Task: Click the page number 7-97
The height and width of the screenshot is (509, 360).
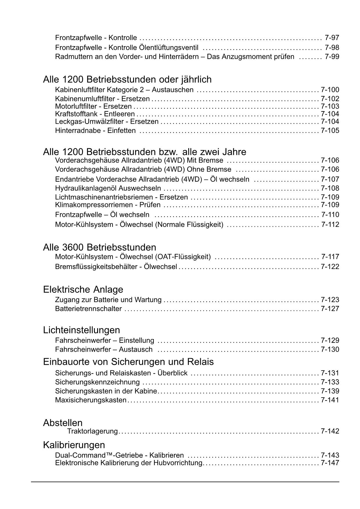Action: click(332, 38)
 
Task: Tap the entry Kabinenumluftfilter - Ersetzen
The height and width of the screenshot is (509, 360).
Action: click(102, 99)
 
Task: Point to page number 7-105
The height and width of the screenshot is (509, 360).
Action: click(330, 131)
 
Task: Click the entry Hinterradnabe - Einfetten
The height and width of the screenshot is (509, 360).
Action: click(95, 131)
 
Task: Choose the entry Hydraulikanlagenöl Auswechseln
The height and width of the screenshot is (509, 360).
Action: click(108, 188)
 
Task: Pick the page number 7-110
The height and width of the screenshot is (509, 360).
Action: click(330, 215)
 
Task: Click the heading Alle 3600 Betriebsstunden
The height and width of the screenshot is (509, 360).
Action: click(100, 247)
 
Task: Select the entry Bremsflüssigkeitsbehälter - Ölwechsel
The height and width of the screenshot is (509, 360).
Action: click(116, 267)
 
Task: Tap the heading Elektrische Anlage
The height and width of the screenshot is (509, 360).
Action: click(83, 289)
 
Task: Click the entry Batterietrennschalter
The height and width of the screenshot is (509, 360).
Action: click(88, 309)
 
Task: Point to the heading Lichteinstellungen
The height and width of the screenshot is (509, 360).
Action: click(82, 330)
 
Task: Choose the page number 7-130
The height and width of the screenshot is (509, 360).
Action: click(330, 349)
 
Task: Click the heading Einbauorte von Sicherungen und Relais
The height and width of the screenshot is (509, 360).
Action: click(128, 362)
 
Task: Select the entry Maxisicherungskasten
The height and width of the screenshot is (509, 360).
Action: click(91, 400)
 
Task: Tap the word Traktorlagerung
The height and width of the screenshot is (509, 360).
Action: click(92, 431)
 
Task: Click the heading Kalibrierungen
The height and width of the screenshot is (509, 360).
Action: click(74, 445)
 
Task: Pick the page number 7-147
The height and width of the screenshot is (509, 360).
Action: click(330, 463)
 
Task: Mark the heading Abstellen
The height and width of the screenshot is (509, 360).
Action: click(63, 423)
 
